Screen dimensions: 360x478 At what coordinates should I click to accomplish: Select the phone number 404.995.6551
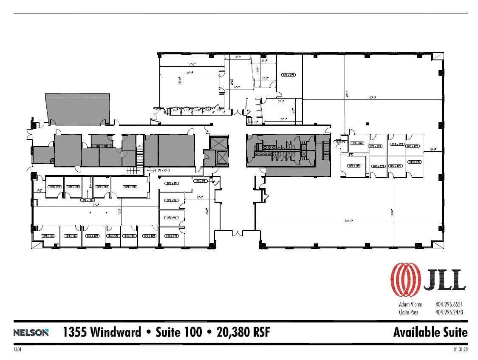pos(448,304)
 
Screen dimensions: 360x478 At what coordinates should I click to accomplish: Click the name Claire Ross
pos(408,312)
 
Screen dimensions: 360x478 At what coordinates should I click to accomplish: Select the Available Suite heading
pos(430,332)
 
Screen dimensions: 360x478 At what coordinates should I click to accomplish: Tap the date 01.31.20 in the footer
pos(460,350)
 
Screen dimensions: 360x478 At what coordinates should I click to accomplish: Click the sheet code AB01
pos(17,350)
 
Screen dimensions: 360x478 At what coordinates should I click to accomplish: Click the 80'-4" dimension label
pos(373,98)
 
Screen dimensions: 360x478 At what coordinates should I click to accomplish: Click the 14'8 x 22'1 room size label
pos(288,75)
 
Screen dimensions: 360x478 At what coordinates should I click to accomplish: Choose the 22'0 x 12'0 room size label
pos(130,187)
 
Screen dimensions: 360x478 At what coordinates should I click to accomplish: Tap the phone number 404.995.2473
pos(448,312)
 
